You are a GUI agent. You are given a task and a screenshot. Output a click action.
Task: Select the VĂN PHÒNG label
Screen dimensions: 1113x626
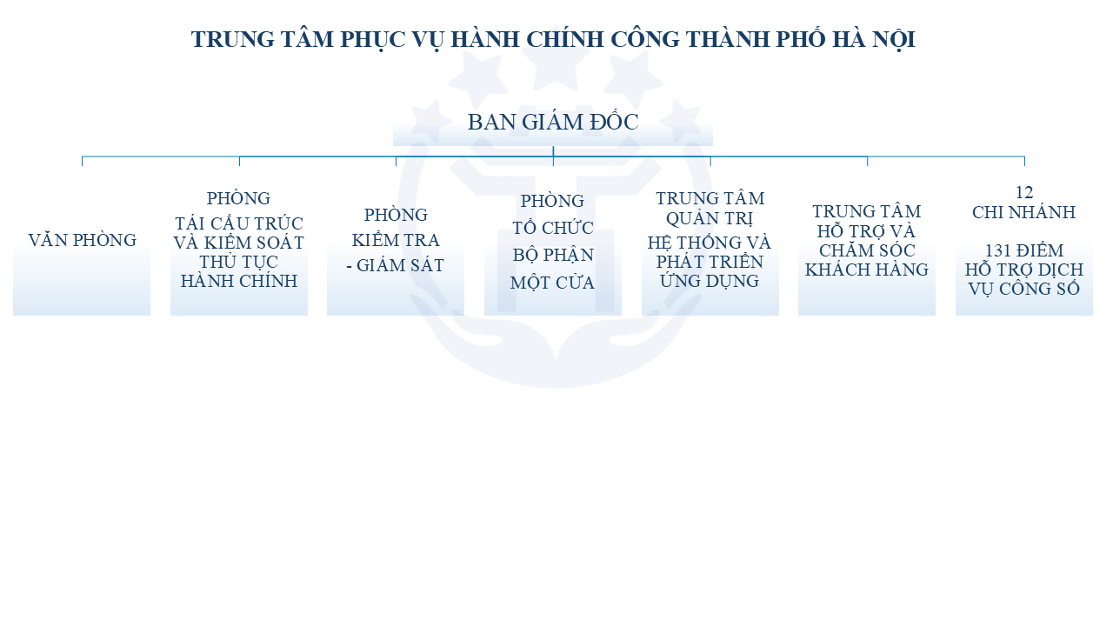[x=82, y=241]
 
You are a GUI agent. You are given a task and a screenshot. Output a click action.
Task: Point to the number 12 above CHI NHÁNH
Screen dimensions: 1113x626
[x=1024, y=192]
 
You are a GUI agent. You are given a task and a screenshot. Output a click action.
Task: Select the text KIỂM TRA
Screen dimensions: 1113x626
[x=396, y=241]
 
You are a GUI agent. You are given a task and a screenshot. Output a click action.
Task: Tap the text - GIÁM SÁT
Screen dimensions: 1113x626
[x=396, y=266]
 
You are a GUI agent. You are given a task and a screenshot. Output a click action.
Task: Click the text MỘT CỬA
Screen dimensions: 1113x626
[x=552, y=283]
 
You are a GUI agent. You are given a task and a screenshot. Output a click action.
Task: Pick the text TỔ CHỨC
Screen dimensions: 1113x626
[x=552, y=228]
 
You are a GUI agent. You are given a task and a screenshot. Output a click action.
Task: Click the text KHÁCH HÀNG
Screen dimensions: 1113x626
[x=867, y=270]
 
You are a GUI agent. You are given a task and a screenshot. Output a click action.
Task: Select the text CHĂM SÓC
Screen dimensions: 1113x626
[x=867, y=250]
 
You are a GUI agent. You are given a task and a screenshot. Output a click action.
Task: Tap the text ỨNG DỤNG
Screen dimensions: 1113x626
[x=710, y=281]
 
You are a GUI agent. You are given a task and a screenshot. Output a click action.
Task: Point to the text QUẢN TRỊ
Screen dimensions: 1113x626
[x=710, y=218]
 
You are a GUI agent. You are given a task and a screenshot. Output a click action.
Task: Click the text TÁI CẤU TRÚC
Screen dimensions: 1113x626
[x=239, y=223]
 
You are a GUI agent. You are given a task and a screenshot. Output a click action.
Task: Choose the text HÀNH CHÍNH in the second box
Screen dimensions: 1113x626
[x=239, y=281]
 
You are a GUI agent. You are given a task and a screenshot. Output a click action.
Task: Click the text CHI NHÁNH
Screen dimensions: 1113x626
[x=1023, y=213]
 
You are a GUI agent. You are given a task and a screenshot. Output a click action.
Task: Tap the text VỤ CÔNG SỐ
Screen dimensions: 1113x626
[x=1023, y=290]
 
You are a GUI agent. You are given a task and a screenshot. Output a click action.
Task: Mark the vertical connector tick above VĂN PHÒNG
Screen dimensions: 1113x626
[x=82, y=161]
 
